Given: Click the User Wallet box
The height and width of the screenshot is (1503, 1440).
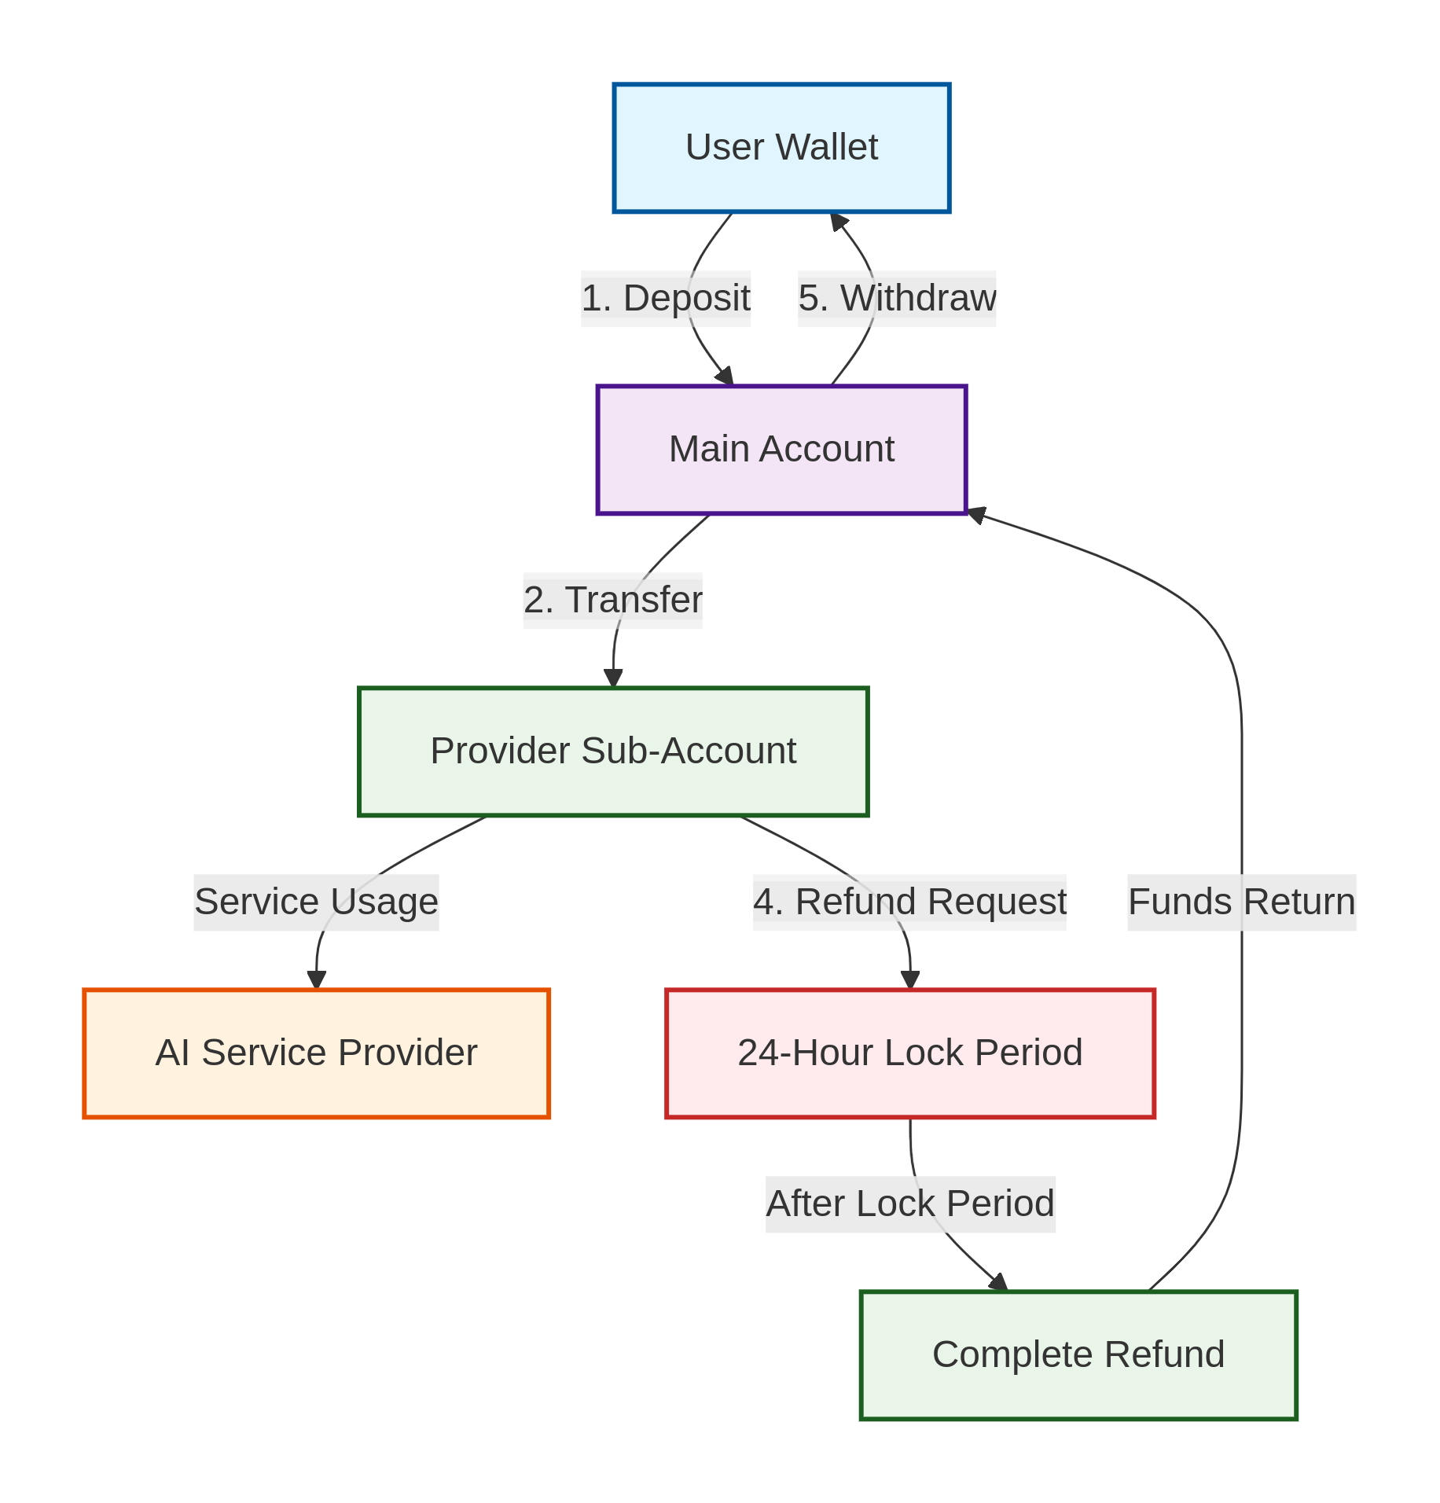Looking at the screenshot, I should [x=781, y=148].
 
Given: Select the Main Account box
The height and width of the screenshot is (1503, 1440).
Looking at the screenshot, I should [x=781, y=450].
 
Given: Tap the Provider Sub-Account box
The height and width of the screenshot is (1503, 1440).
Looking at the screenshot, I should [x=612, y=751].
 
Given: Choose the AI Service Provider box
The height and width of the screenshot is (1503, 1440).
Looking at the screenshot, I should [x=316, y=1053].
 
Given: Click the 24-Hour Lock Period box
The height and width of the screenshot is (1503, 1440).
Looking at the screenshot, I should [x=909, y=1053].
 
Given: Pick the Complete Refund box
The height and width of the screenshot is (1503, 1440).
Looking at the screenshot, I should [x=1078, y=1355].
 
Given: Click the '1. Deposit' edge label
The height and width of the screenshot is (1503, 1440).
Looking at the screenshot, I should [x=665, y=299].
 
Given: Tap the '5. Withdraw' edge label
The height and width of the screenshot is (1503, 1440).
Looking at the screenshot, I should [x=896, y=299].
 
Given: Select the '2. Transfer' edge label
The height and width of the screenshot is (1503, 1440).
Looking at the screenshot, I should [x=612, y=601].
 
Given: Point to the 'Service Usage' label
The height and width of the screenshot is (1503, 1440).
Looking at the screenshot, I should [x=316, y=902].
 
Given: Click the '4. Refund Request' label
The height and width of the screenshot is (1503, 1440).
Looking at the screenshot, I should [x=909, y=902].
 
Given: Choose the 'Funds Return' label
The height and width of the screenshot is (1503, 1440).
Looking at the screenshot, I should [x=1241, y=902].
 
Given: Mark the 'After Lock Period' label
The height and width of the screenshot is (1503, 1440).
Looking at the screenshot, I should [x=909, y=1204].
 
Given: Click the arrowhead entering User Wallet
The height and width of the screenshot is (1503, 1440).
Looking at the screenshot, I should [x=838, y=221].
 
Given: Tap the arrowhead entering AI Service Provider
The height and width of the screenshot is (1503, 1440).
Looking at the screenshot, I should [x=316, y=980].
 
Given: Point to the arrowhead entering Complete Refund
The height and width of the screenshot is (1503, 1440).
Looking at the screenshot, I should [x=998, y=1283].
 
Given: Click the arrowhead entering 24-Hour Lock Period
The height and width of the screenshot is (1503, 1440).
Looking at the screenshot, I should [x=909, y=980].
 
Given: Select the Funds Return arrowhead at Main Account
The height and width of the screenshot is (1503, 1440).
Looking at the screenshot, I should [x=976, y=516].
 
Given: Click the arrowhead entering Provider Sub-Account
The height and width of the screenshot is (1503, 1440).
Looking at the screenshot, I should [x=612, y=678].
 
